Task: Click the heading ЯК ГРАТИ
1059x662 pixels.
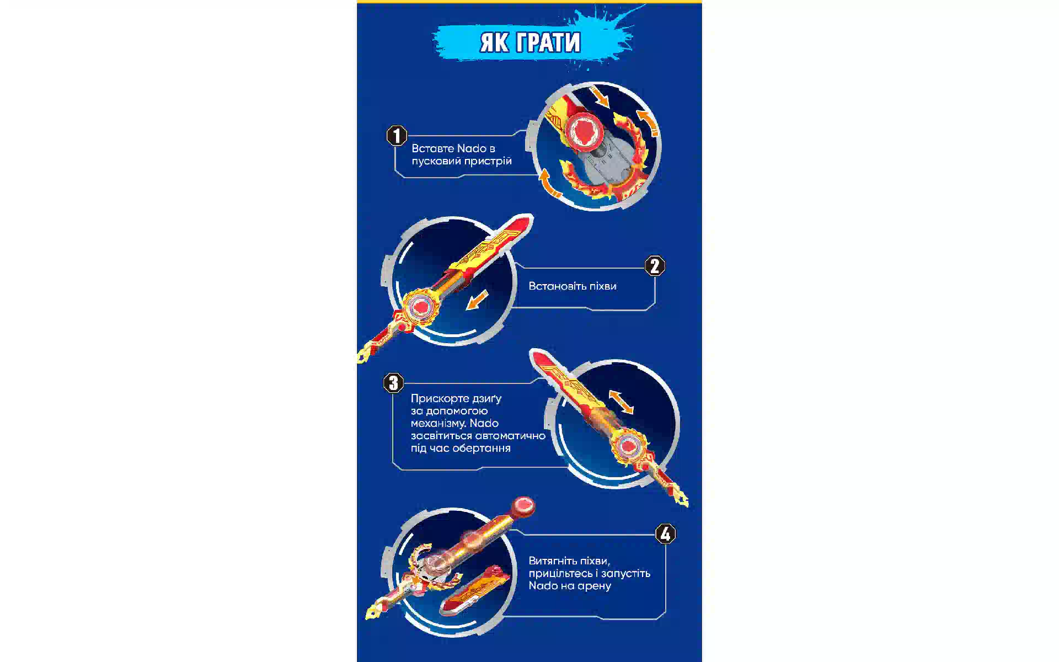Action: click(530, 42)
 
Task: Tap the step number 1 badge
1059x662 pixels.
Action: click(397, 135)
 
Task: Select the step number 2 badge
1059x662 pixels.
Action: click(655, 266)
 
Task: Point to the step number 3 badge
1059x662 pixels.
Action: click(393, 383)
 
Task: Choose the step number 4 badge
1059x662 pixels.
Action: click(665, 533)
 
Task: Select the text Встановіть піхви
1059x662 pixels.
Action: click(573, 286)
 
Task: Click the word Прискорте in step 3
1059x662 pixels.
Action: click(440, 398)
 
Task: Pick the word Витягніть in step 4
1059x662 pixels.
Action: click(553, 561)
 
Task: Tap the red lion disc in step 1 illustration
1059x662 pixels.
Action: click(582, 131)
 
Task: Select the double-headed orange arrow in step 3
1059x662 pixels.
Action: click(621, 402)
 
